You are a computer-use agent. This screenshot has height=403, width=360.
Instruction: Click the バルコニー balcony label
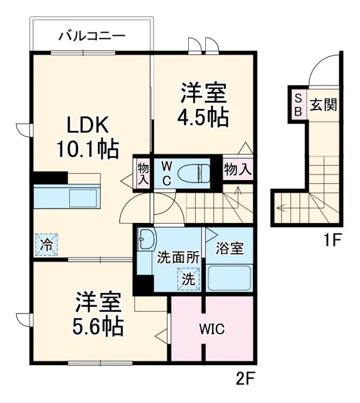92,35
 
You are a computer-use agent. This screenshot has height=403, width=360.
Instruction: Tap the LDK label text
81,123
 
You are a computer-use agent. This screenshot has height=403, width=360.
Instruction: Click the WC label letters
166,171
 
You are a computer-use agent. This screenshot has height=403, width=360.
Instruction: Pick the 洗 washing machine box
189,278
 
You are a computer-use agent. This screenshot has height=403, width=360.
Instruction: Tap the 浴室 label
228,247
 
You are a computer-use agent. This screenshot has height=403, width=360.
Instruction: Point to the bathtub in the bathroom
229,277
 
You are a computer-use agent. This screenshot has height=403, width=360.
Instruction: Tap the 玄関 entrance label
323,104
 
